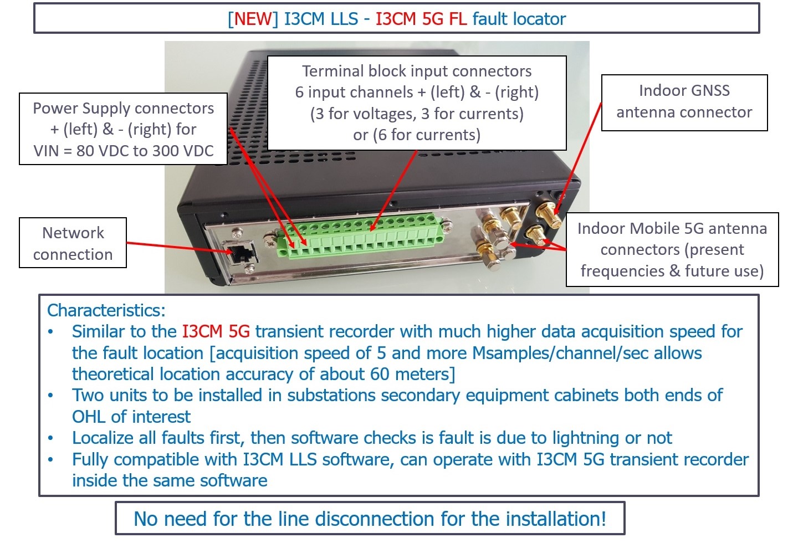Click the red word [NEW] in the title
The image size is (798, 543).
(253, 19)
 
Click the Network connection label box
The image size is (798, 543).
(73, 243)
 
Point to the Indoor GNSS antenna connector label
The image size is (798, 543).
(684, 102)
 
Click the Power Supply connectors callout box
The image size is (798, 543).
(123, 129)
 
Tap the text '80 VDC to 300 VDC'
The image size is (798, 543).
(145, 151)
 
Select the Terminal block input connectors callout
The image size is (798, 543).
(417, 103)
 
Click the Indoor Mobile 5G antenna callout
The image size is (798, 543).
(672, 249)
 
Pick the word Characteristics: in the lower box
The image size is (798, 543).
(106, 310)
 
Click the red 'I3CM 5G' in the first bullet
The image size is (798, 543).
(216, 332)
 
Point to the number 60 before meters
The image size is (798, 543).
(380, 374)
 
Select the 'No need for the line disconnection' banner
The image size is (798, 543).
(370, 519)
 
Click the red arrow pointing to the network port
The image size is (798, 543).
(177, 247)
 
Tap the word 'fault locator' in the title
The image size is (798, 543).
(519, 19)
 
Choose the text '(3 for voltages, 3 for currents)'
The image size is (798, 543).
(417, 114)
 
